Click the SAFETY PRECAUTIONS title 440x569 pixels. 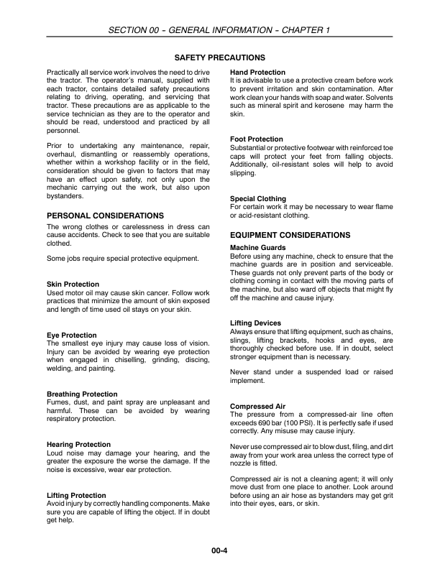point(220,57)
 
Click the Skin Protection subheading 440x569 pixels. point(73,284)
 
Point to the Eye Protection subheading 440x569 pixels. point(71,336)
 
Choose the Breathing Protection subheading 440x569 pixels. point(82,394)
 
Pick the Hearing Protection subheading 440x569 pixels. point(78,445)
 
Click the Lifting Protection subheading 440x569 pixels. point(76,496)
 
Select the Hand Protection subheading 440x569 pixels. point(257,73)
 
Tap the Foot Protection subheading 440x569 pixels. point(256,139)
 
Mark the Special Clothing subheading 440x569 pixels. point(257,198)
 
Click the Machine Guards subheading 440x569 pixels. point(258,248)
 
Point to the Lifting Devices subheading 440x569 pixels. point(255,323)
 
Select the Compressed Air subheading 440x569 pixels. point(257,407)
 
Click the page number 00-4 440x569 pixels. point(220,552)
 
